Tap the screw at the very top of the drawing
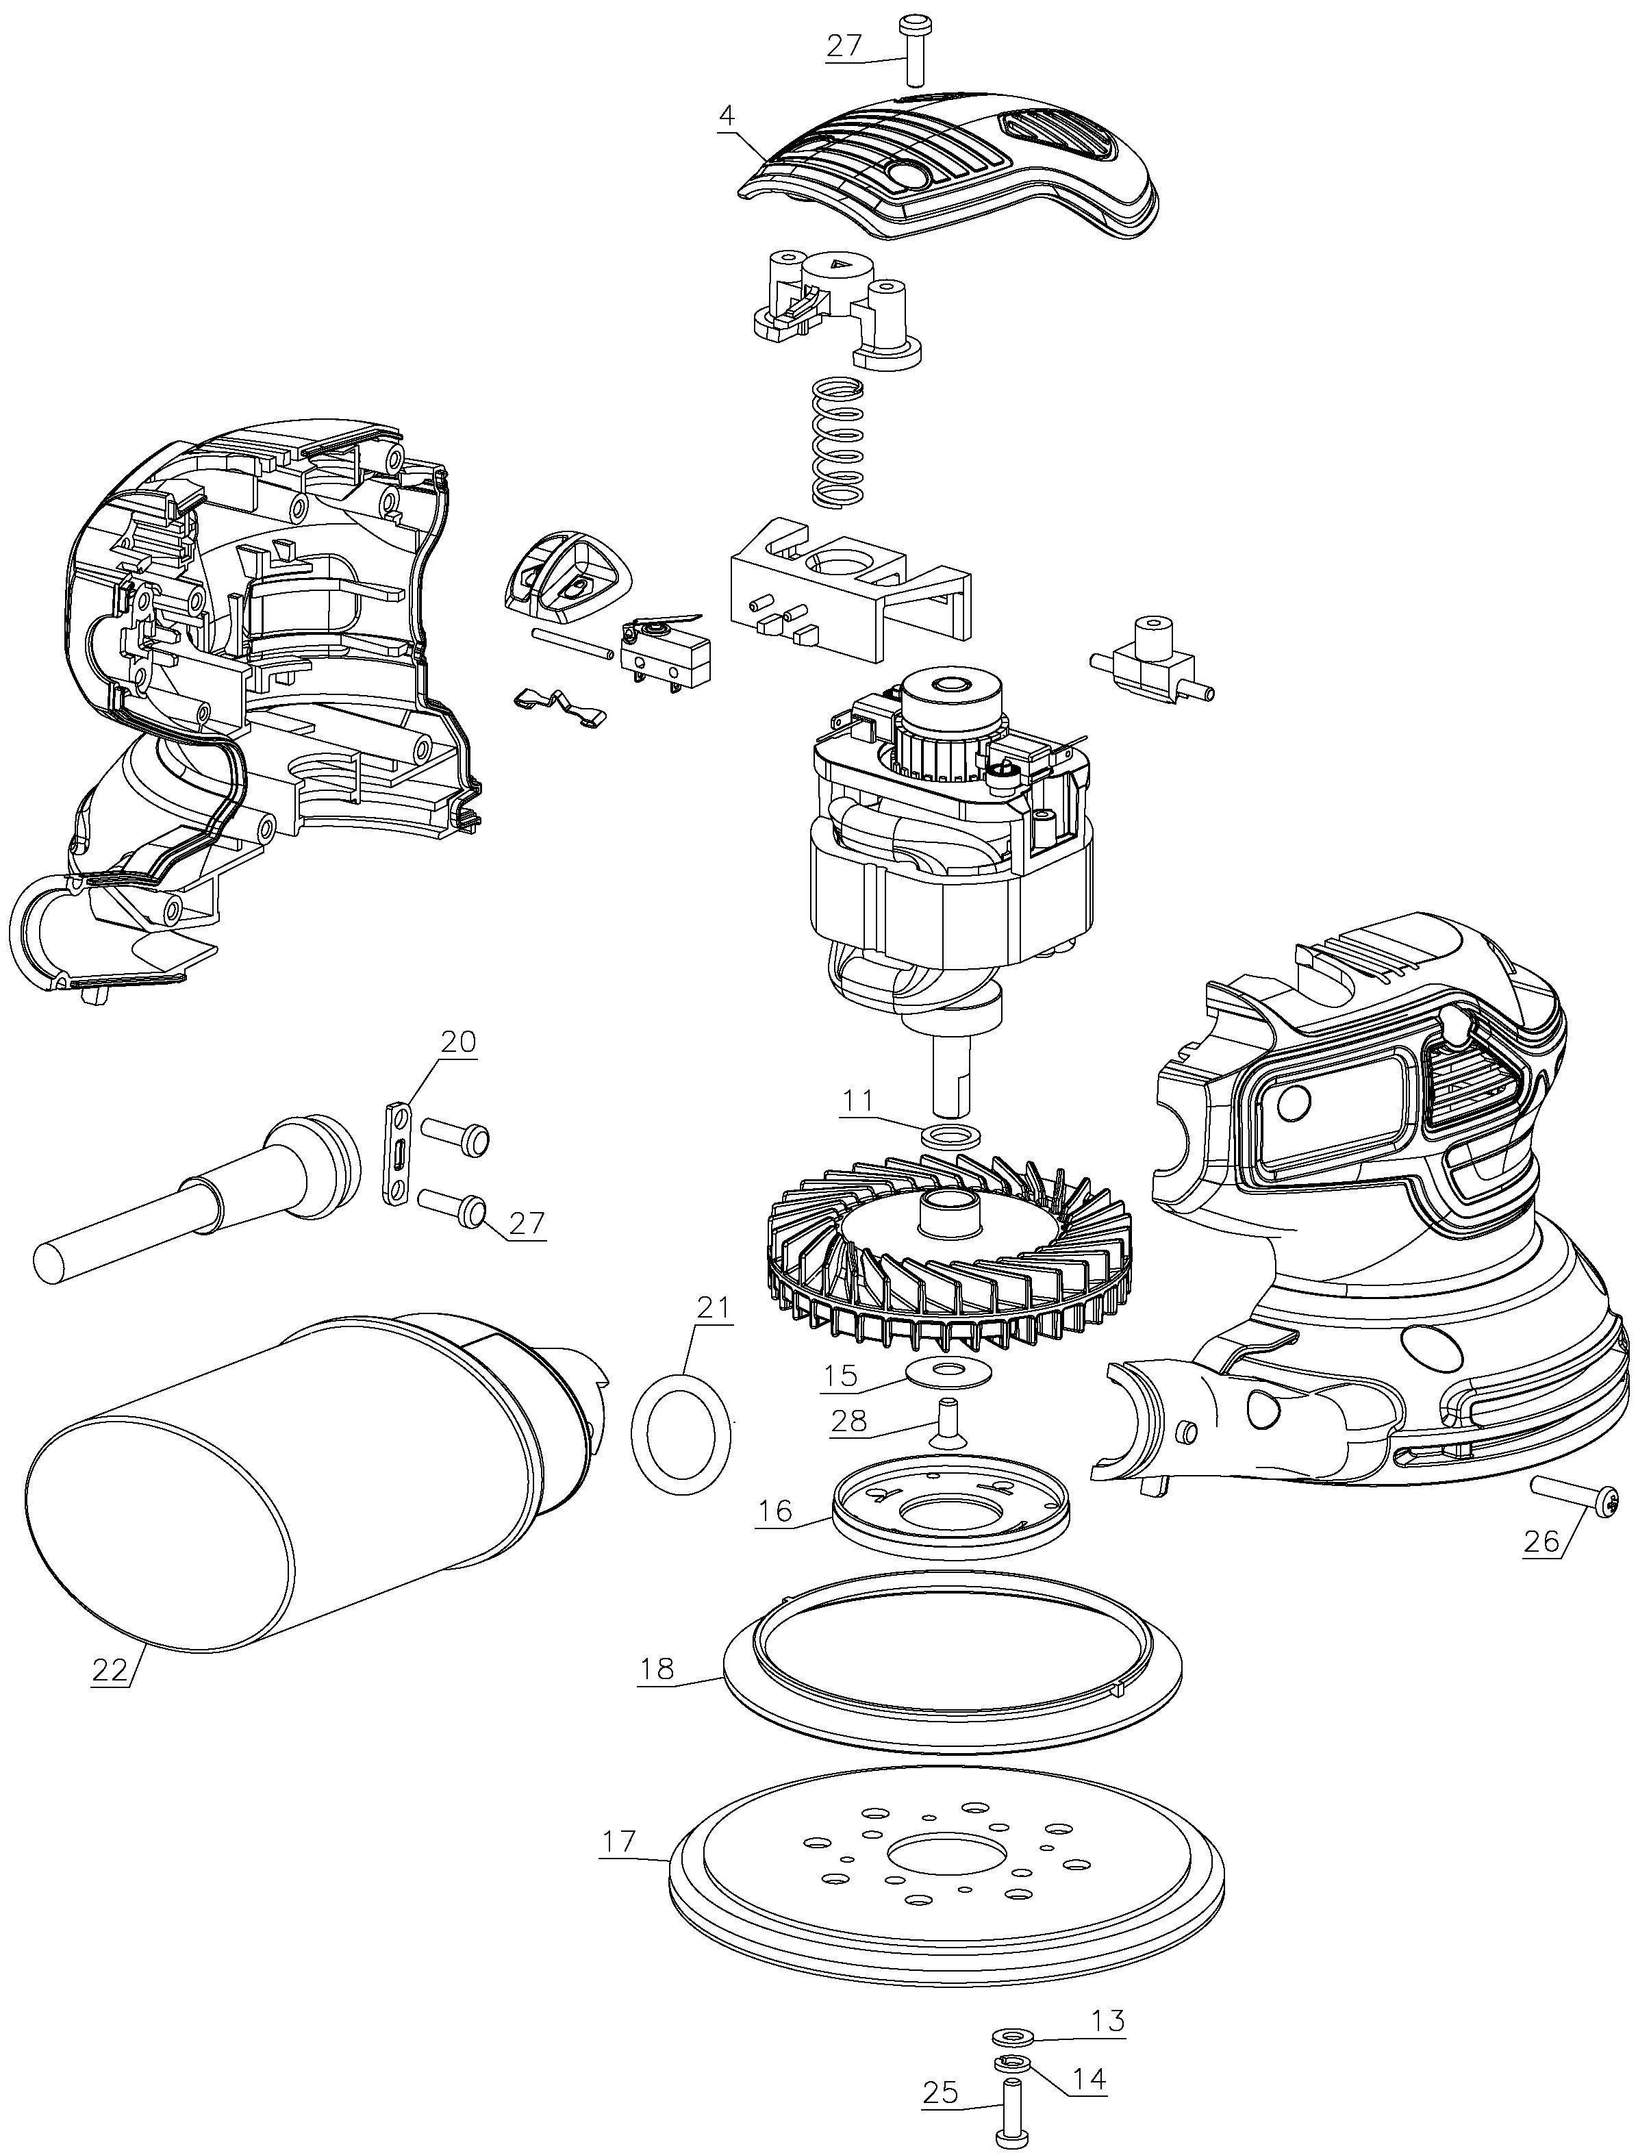[915, 49]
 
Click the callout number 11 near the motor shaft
[858, 1101]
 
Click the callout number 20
[457, 1042]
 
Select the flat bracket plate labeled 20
[398, 1153]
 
